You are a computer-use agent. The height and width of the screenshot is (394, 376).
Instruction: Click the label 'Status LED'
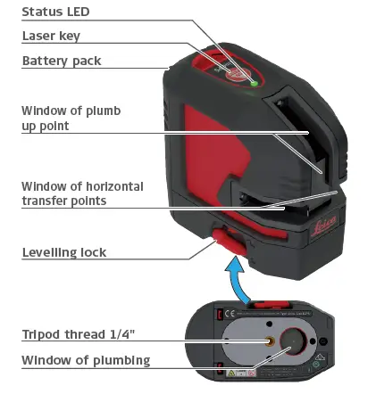coord(54,12)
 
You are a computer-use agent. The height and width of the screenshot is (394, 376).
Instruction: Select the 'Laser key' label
coord(51,36)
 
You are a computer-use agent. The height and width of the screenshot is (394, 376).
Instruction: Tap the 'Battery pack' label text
coord(61,61)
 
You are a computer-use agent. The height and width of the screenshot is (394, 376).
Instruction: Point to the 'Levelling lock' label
coord(63,252)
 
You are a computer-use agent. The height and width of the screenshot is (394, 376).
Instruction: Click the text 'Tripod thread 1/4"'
coord(78,334)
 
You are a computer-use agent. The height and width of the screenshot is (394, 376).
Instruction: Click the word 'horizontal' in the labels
coord(112,186)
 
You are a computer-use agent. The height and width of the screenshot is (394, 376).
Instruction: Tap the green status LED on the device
coord(255,85)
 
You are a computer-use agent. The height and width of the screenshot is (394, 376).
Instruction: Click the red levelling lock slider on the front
coord(223,237)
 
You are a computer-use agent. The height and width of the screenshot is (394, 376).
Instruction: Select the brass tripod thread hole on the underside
coord(267,341)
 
